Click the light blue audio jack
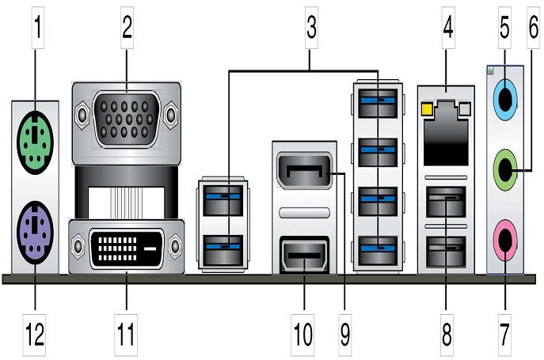pos(502,100)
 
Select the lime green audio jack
pos(502,167)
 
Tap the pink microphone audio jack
pos(502,235)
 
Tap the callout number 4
pos(448,30)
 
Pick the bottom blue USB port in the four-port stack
pos(377,251)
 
